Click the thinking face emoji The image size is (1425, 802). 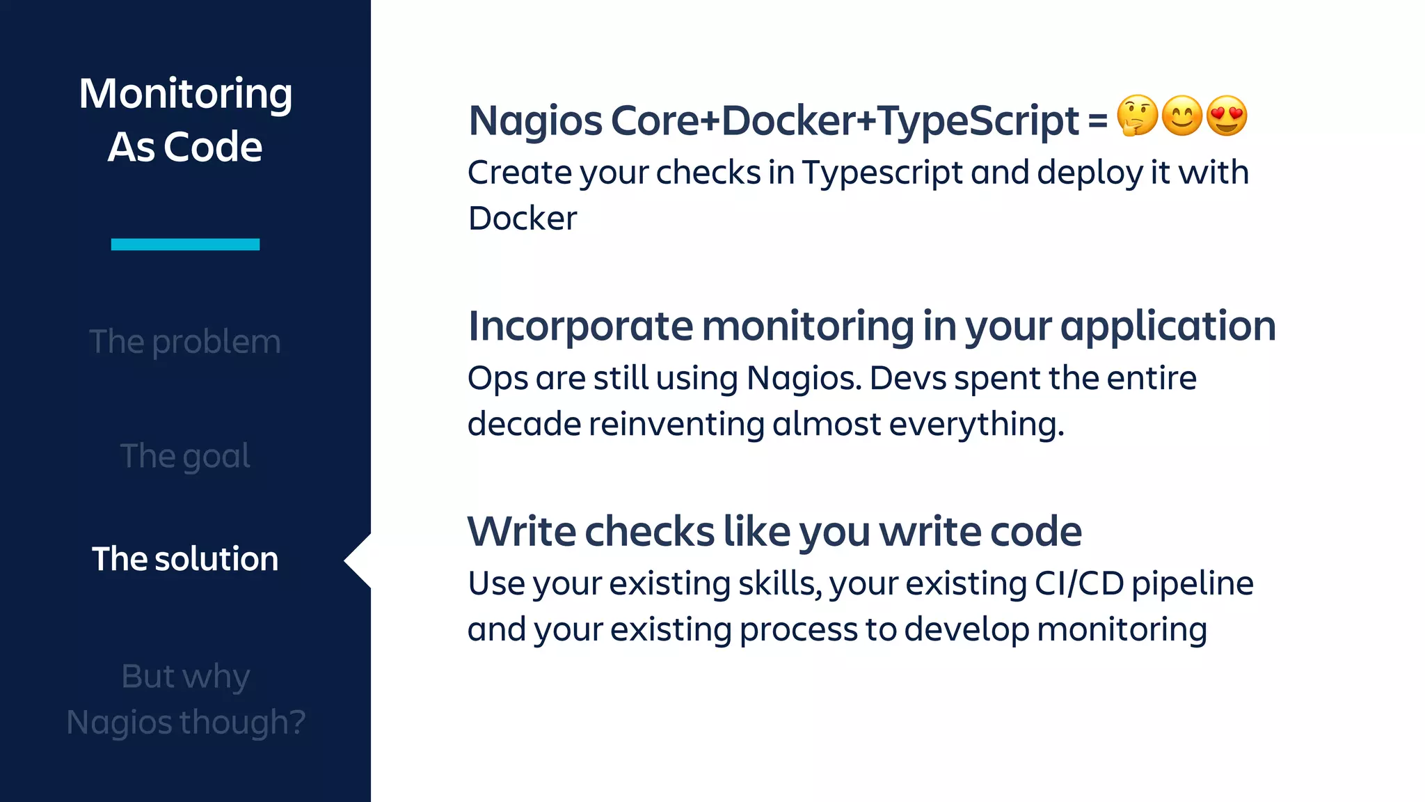point(1137,116)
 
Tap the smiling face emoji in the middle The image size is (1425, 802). point(1182,116)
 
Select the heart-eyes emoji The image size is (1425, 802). point(1227,116)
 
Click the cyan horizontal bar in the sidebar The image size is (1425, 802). point(185,244)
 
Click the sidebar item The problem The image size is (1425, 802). point(185,342)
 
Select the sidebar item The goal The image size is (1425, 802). point(185,457)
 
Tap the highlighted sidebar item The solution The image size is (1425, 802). point(185,559)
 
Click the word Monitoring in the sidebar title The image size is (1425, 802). point(185,93)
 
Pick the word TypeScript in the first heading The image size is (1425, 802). point(978,121)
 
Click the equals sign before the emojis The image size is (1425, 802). point(1097,121)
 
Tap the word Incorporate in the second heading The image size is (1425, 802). point(580,326)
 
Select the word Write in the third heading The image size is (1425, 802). point(521,532)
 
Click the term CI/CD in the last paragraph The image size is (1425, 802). point(1078,583)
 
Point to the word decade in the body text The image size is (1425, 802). point(523,424)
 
